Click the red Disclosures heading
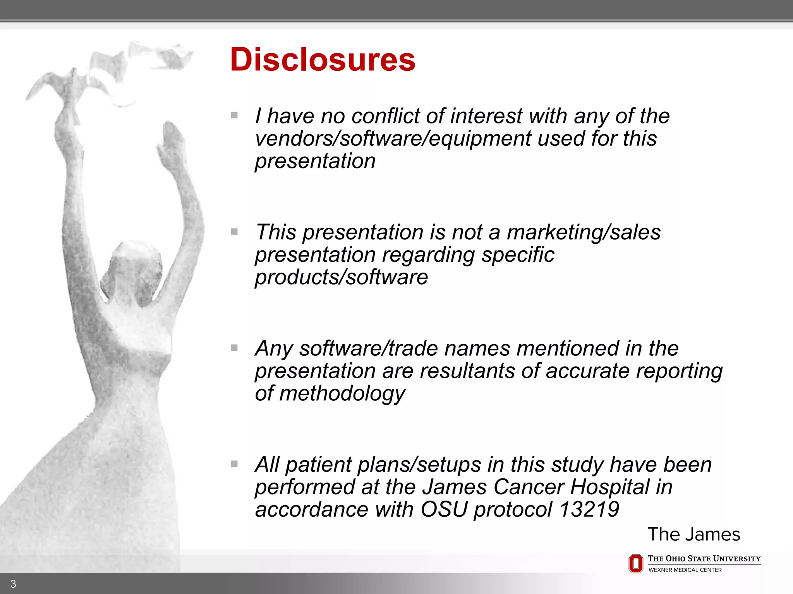point(323,60)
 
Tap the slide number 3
point(13,584)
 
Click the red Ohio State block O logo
point(635,563)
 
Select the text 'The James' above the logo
point(694,534)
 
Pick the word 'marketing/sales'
point(584,232)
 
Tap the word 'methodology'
point(342,394)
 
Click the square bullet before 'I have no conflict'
point(234,115)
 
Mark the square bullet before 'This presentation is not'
point(234,232)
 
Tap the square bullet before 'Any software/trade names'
point(234,348)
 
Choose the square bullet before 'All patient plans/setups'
point(234,464)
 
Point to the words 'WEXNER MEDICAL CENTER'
point(685,570)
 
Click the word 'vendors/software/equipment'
point(393,138)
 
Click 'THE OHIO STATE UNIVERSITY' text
point(704,559)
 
